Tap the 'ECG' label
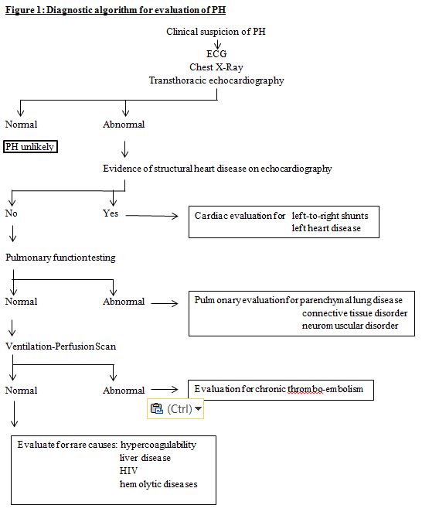pyautogui.click(x=217, y=55)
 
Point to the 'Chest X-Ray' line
pyautogui.click(x=217, y=67)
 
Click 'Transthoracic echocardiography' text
pyautogui.click(x=217, y=80)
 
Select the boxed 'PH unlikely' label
pyautogui.click(x=30, y=146)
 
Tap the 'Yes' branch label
pyautogui.click(x=111, y=213)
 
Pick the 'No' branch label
pyautogui.click(x=11, y=213)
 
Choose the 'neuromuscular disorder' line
pyautogui.click(x=350, y=325)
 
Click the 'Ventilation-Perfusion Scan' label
pyautogui.click(x=60, y=346)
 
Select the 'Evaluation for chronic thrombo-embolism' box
pyautogui.click(x=281, y=389)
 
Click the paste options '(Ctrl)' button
pyautogui.click(x=175, y=408)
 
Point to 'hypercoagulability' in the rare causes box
pyautogui.click(x=158, y=445)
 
